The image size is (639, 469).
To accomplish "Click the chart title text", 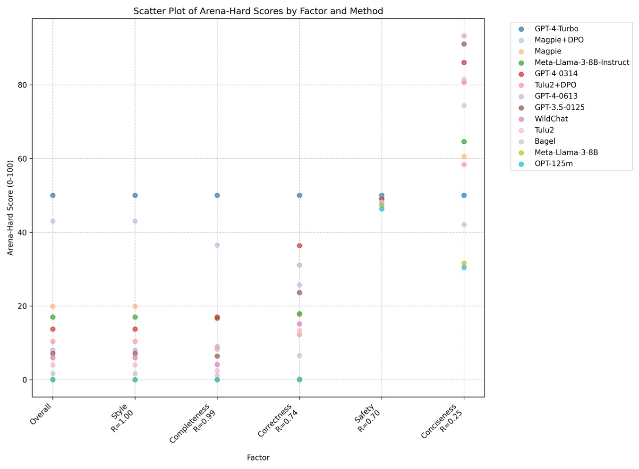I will click(x=258, y=11).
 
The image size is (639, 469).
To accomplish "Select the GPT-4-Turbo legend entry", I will click(x=556, y=29).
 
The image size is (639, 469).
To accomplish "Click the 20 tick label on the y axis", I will click(x=23, y=306).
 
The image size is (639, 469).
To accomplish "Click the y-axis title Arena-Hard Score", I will click(x=10, y=208).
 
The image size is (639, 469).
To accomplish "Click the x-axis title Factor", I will click(x=258, y=458).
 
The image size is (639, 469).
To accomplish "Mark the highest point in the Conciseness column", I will click(x=464, y=36).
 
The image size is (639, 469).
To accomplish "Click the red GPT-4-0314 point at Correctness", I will click(x=299, y=246).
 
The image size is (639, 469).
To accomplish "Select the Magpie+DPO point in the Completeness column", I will click(x=217, y=245).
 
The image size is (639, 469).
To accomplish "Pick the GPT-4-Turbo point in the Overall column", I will click(x=53, y=195).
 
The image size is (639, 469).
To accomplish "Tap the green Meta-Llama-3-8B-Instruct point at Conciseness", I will click(x=464, y=142).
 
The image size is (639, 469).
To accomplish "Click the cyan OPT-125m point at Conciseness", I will click(x=464, y=268).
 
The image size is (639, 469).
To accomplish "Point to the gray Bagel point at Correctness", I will click(x=299, y=356).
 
